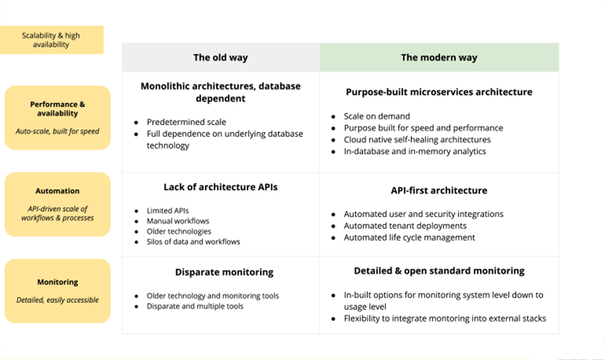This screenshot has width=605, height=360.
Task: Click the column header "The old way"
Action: [x=220, y=57]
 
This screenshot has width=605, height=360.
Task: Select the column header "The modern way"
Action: [x=439, y=57]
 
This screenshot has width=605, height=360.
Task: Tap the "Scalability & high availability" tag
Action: [x=51, y=40]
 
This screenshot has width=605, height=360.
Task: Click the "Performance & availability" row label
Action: [x=57, y=109]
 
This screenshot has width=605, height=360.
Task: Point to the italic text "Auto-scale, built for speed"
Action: [x=57, y=131]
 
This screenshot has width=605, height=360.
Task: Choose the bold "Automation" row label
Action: [x=57, y=191]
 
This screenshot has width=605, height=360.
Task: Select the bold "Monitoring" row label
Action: [x=57, y=282]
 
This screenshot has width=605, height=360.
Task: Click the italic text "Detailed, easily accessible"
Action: [x=57, y=300]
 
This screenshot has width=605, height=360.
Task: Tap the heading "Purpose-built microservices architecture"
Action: [x=439, y=92]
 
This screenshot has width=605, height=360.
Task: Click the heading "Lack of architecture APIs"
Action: [x=220, y=187]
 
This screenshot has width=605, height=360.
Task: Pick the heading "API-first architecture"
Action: [x=439, y=190]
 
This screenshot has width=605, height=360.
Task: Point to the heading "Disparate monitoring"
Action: [x=224, y=272]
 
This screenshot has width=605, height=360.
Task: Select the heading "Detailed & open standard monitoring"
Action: [x=439, y=271]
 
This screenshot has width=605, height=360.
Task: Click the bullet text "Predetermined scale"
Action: [x=186, y=122]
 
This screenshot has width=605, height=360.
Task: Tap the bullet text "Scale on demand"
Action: [x=377, y=116]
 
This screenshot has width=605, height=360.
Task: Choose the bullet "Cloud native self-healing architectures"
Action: [x=417, y=140]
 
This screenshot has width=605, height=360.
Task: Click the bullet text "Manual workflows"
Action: [x=178, y=221]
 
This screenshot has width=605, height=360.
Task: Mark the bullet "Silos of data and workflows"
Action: [x=194, y=242]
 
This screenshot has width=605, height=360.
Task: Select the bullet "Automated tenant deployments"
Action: [x=405, y=226]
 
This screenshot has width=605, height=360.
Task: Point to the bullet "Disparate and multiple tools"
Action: [x=195, y=306]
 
